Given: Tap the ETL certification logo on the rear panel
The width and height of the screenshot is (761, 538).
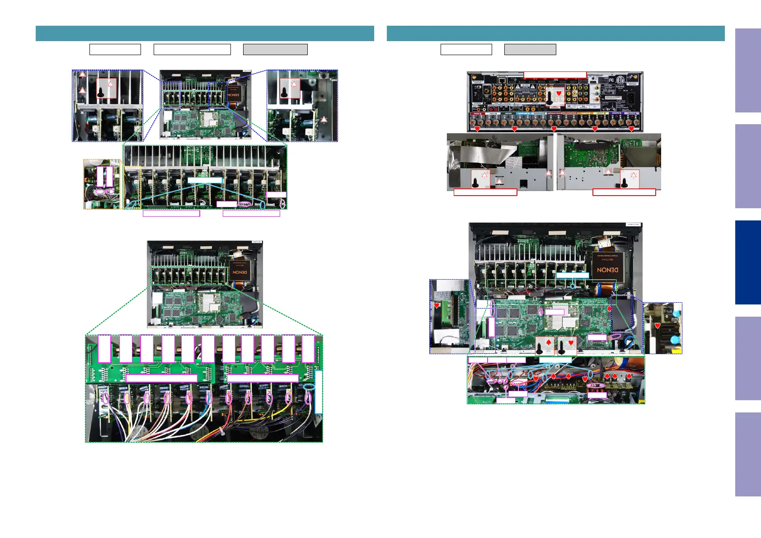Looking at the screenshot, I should (620, 80).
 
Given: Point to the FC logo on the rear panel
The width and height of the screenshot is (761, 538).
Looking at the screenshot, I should (611, 80).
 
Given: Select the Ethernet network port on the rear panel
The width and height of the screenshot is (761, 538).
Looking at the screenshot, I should (503, 86).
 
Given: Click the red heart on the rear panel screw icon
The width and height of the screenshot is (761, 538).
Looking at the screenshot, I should (559, 94).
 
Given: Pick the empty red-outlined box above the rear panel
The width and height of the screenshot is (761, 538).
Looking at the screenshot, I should (554, 75).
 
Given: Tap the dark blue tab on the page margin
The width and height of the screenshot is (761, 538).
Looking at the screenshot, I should (747, 262).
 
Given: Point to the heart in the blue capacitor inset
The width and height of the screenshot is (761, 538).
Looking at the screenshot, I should (658, 325).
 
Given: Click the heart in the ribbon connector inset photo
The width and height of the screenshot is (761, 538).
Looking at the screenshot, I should (437, 305).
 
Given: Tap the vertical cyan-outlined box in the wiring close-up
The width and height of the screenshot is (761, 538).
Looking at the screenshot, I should (319, 392).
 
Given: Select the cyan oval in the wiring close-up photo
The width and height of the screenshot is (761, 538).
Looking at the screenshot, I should (309, 387).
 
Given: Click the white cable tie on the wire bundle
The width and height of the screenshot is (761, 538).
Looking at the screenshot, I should (221, 430).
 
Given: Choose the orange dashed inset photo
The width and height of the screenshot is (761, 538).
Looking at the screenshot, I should (102, 184).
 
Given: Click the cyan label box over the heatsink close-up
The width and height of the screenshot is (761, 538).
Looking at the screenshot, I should (205, 180).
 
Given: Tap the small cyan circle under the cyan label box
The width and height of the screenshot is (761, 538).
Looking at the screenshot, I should (573, 285).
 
